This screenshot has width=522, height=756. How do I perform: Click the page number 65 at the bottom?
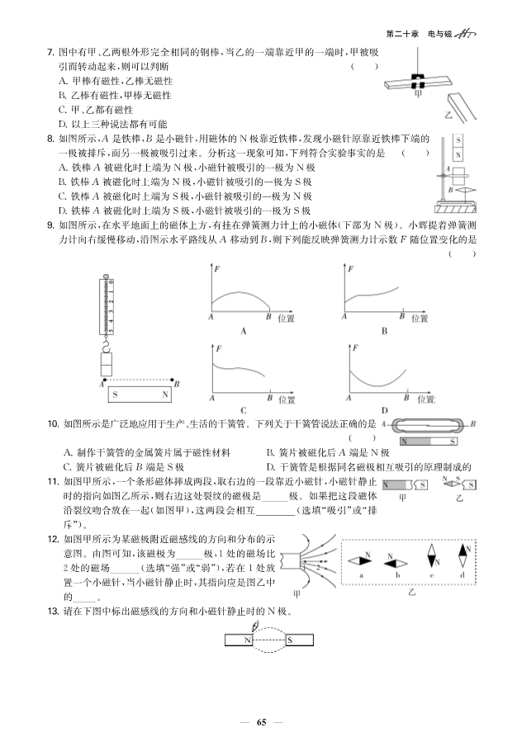261,723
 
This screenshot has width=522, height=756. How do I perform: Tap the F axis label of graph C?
218,349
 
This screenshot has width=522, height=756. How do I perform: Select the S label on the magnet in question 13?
289,639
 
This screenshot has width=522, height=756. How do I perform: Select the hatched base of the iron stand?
452,206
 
